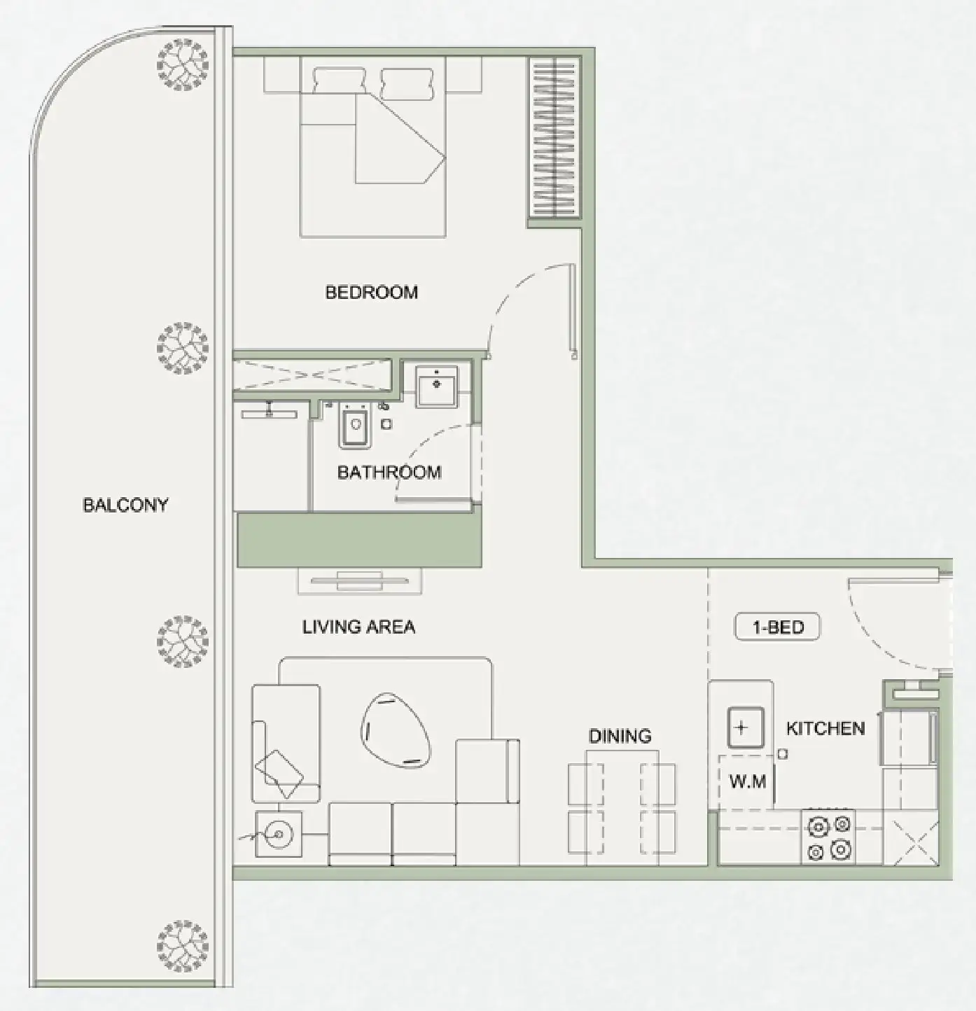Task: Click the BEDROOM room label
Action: (x=371, y=292)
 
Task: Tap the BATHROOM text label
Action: (x=389, y=472)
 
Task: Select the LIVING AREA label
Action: (x=358, y=627)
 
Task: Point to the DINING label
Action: (x=620, y=736)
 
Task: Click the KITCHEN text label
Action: (x=825, y=728)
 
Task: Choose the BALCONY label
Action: (x=125, y=505)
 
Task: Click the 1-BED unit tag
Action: (x=777, y=627)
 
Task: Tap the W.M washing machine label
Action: (x=747, y=781)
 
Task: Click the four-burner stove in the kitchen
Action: (x=829, y=837)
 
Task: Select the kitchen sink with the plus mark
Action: (x=741, y=727)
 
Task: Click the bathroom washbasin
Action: (x=436, y=385)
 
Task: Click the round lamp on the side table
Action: (x=278, y=834)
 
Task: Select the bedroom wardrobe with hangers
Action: (x=554, y=138)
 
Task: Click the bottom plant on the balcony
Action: (x=182, y=944)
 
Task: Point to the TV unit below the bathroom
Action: (x=359, y=580)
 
